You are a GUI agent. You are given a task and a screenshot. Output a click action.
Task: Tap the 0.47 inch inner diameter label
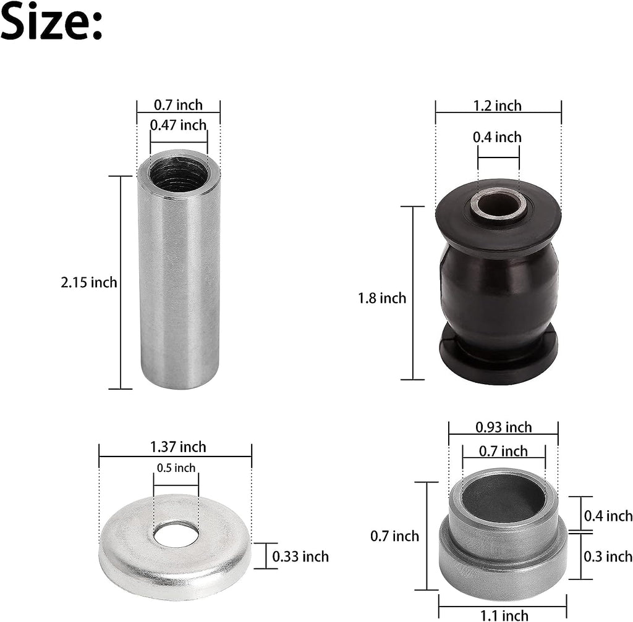tap(178, 125)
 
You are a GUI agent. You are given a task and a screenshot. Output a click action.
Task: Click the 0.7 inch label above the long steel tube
tap(178, 105)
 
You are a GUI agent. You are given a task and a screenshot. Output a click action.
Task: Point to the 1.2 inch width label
tap(498, 106)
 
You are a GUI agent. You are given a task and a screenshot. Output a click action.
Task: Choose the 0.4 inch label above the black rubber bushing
tap(498, 137)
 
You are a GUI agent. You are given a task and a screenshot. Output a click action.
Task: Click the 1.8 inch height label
tap(382, 298)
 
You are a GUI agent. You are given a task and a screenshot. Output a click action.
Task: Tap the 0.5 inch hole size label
tap(176, 468)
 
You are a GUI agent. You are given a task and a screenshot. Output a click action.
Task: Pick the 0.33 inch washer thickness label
tap(300, 557)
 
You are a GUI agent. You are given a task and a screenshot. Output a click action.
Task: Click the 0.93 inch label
tap(504, 427)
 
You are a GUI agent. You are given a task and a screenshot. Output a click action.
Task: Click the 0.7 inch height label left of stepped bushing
tap(394, 536)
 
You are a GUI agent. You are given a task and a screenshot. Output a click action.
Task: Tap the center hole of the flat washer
tap(176, 535)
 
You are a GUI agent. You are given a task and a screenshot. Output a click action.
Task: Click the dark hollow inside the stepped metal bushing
tap(504, 497)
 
